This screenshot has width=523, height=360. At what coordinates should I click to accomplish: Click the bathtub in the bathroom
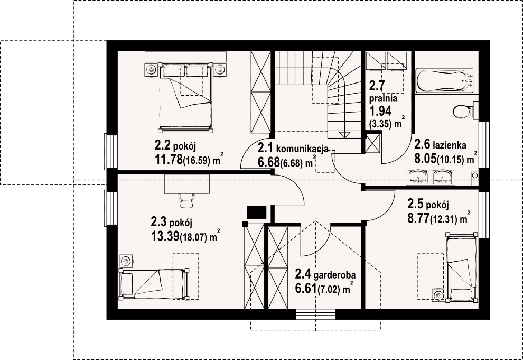coord(444,80)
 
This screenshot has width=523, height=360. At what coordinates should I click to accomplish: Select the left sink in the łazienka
coord(417,177)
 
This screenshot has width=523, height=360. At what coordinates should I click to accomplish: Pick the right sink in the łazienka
coord(443,177)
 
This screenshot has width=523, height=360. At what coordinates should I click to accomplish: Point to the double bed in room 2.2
coord(185,97)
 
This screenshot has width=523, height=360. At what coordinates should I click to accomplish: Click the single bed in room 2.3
coord(153,283)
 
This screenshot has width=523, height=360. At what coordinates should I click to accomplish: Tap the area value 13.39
coord(165,236)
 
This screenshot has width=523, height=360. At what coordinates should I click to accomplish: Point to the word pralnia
coord(383,98)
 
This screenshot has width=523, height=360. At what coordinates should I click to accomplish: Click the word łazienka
coord(449,145)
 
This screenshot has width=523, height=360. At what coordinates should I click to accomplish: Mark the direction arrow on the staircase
coord(344,134)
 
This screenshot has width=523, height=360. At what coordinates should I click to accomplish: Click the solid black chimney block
coord(256,213)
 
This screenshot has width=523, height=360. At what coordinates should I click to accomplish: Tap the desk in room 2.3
coord(187,184)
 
